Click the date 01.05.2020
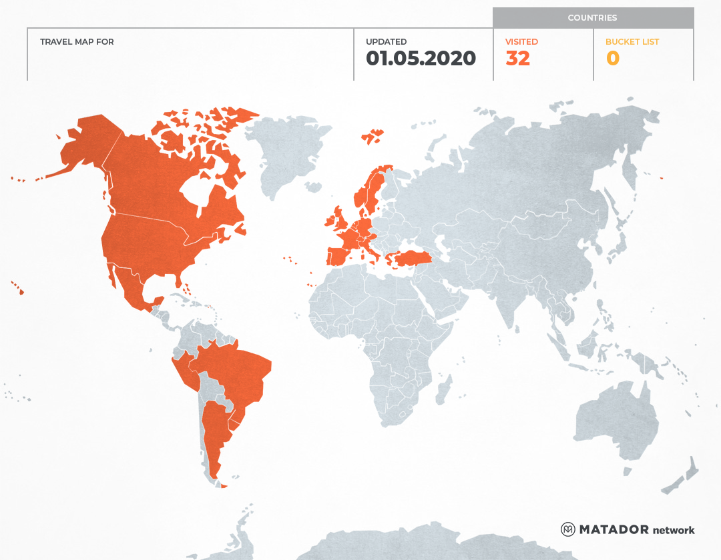[421, 59]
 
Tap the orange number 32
[517, 59]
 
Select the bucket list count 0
[612, 59]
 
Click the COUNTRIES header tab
[592, 18]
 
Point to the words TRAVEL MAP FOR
[77, 42]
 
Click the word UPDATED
[386, 42]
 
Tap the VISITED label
[521, 42]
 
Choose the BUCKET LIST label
[632, 42]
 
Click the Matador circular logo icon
[568, 529]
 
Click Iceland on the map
[373, 137]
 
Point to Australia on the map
[614, 420]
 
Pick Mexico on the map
[134, 287]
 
